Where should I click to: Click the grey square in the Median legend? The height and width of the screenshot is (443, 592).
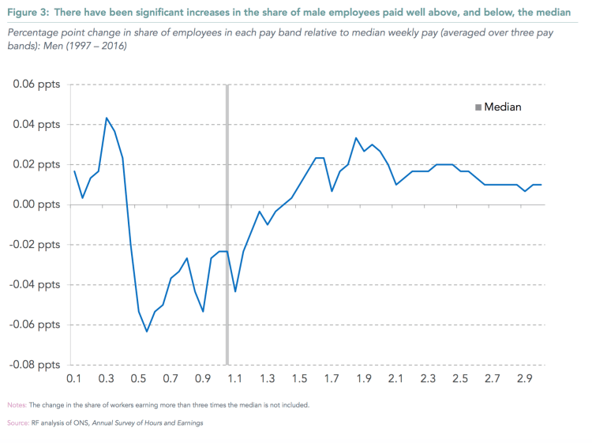478,107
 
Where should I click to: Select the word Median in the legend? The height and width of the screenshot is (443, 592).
503,107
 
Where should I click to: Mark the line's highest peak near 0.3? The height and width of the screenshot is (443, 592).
107,118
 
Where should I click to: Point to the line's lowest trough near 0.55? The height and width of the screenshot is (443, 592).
147,332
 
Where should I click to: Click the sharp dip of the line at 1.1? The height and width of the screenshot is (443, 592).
235,291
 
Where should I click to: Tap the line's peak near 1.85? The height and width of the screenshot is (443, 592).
356,138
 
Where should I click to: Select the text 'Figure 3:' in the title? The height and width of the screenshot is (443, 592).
28,12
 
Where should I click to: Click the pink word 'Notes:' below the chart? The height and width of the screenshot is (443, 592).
18,405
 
